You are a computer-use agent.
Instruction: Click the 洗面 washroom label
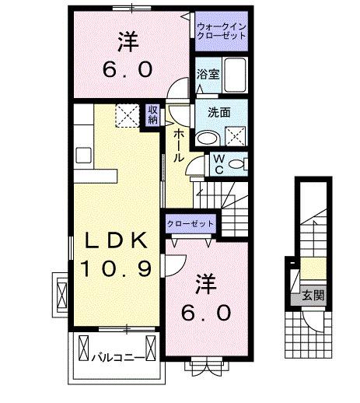(x=218, y=112)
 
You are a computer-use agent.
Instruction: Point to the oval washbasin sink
(x=207, y=138)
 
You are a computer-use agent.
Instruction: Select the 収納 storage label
(x=153, y=114)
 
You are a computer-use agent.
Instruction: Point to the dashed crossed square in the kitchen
(x=124, y=115)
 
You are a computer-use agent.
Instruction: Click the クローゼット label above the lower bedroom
(x=190, y=223)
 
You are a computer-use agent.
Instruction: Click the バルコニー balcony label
(x=114, y=359)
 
